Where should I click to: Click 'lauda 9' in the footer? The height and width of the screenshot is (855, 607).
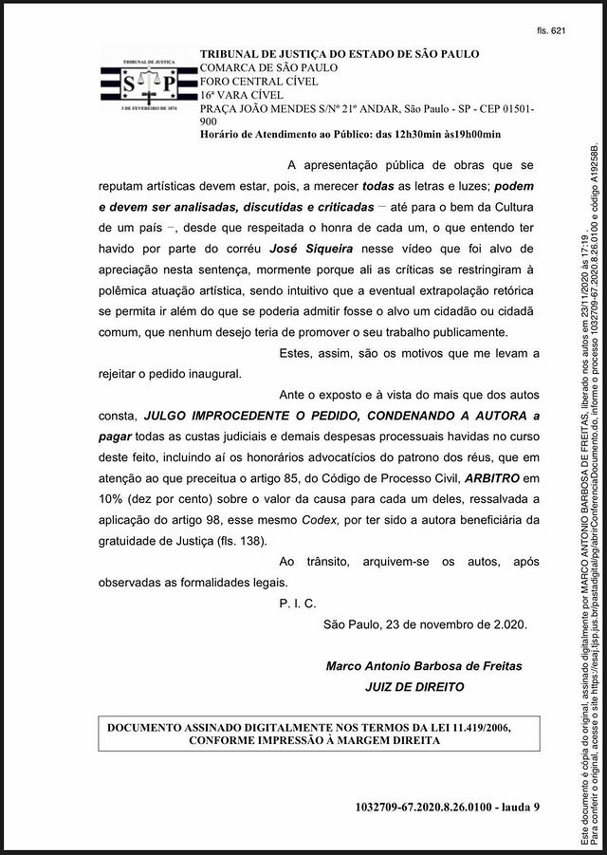click(515, 807)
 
